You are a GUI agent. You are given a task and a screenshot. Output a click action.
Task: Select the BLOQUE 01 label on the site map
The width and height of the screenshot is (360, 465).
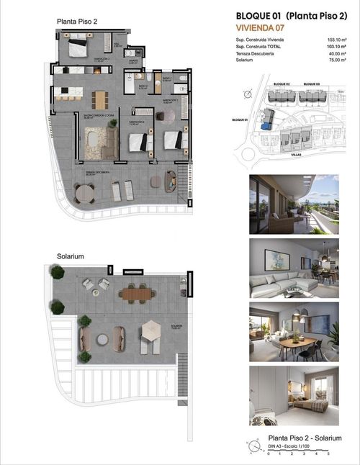click(x=240, y=119)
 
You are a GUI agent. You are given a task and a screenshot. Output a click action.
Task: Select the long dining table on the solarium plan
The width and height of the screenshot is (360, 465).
click(x=138, y=292)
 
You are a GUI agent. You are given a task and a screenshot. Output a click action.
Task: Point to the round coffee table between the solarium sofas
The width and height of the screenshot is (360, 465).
click(x=102, y=338)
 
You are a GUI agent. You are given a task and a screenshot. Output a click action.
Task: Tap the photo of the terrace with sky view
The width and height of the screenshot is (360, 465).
click(x=293, y=204)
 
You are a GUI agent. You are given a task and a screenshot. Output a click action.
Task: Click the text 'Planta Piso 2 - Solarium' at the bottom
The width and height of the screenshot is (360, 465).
click(x=304, y=438)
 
